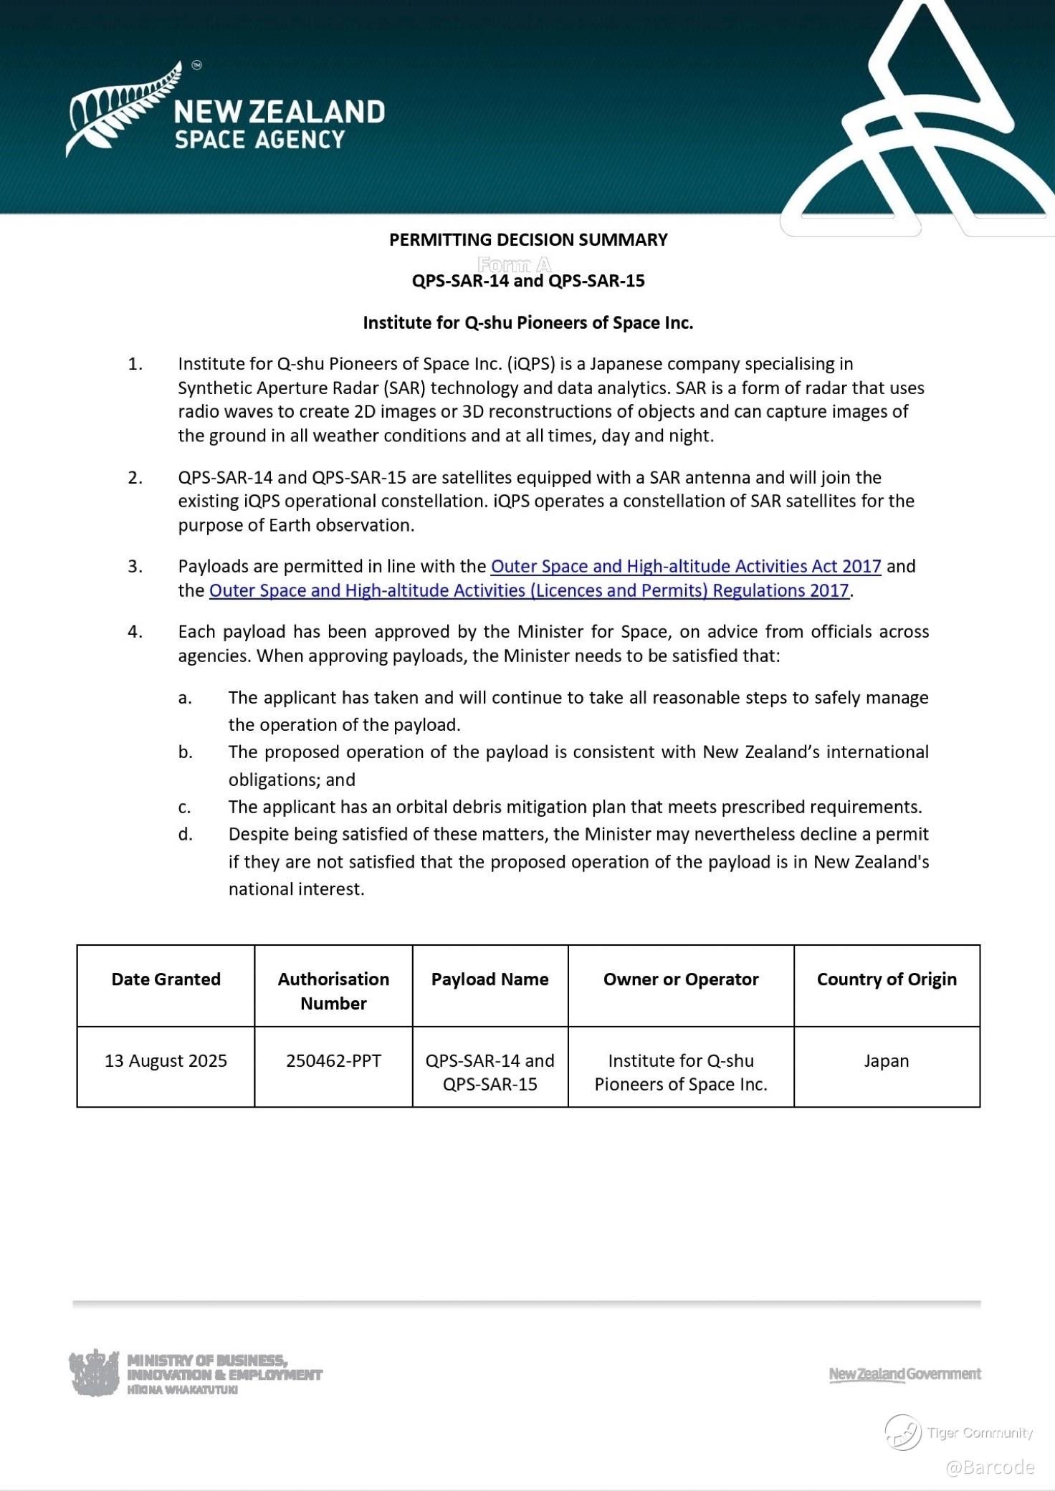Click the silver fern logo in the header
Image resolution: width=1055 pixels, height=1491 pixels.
click(x=122, y=107)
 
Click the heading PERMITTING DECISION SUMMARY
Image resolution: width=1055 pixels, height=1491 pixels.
click(x=528, y=240)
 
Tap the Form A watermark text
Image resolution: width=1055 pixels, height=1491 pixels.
click(x=514, y=264)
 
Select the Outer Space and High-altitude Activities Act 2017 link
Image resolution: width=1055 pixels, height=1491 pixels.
click(x=685, y=567)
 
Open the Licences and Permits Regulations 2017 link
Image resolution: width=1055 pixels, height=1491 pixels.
click(x=529, y=591)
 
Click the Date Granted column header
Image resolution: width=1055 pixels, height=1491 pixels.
click(x=166, y=979)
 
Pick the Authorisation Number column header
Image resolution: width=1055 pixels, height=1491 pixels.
click(x=333, y=991)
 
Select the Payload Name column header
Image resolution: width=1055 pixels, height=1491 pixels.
click(x=490, y=979)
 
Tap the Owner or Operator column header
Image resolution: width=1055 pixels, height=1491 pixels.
click(x=680, y=979)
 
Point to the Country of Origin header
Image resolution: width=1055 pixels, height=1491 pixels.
click(x=887, y=979)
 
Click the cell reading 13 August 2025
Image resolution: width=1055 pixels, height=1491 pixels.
click(x=166, y=1061)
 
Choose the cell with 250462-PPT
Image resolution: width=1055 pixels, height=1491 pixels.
click(x=333, y=1061)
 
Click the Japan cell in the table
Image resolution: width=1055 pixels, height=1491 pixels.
click(x=886, y=1061)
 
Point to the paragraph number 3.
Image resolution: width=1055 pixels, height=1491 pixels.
click(x=135, y=567)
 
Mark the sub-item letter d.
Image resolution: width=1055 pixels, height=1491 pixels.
click(x=185, y=835)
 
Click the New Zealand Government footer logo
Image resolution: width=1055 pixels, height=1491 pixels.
click(x=904, y=1374)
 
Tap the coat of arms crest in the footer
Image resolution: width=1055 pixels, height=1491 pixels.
click(x=94, y=1373)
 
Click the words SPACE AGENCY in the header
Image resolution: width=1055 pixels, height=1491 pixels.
click(x=259, y=140)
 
